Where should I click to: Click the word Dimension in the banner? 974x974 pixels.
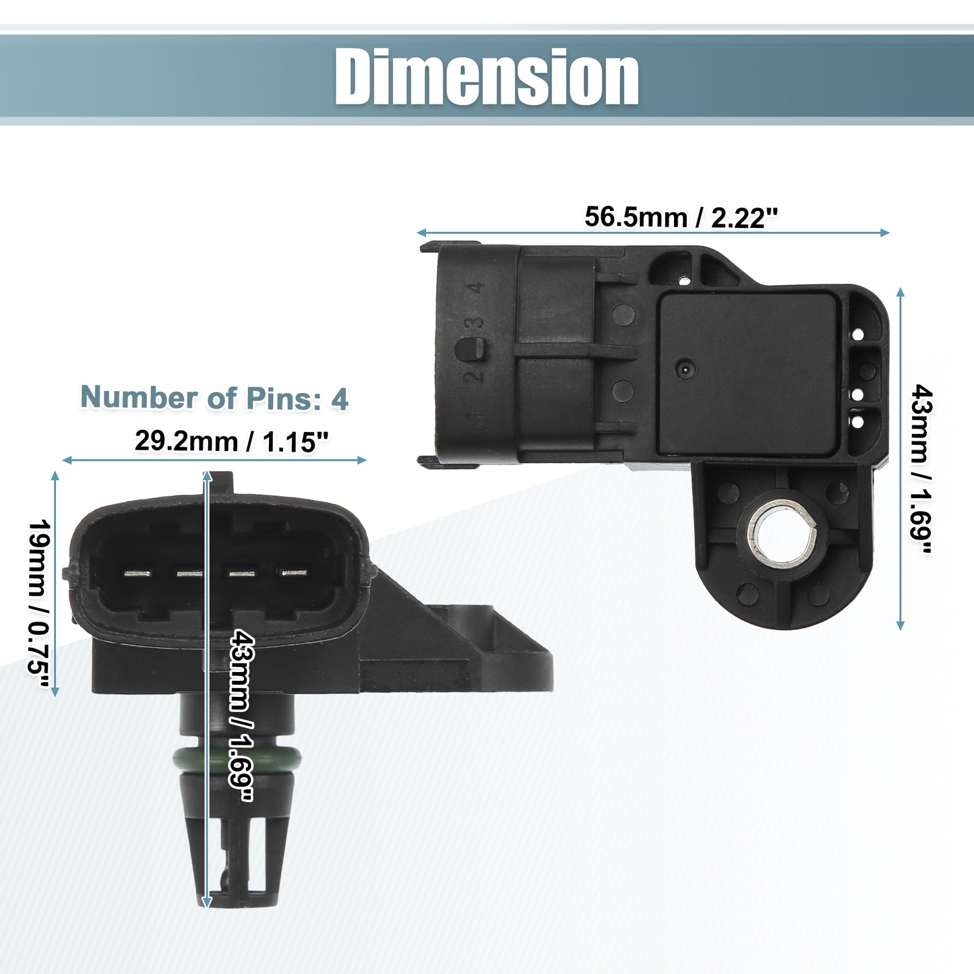(486, 77)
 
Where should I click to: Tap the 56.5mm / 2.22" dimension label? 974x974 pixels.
(681, 217)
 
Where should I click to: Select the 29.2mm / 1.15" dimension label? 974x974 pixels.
(231, 442)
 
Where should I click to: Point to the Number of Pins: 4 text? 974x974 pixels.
(214, 398)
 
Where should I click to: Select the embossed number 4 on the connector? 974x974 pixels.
(475, 288)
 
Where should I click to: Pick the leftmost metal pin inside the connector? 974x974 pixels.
(138, 574)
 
